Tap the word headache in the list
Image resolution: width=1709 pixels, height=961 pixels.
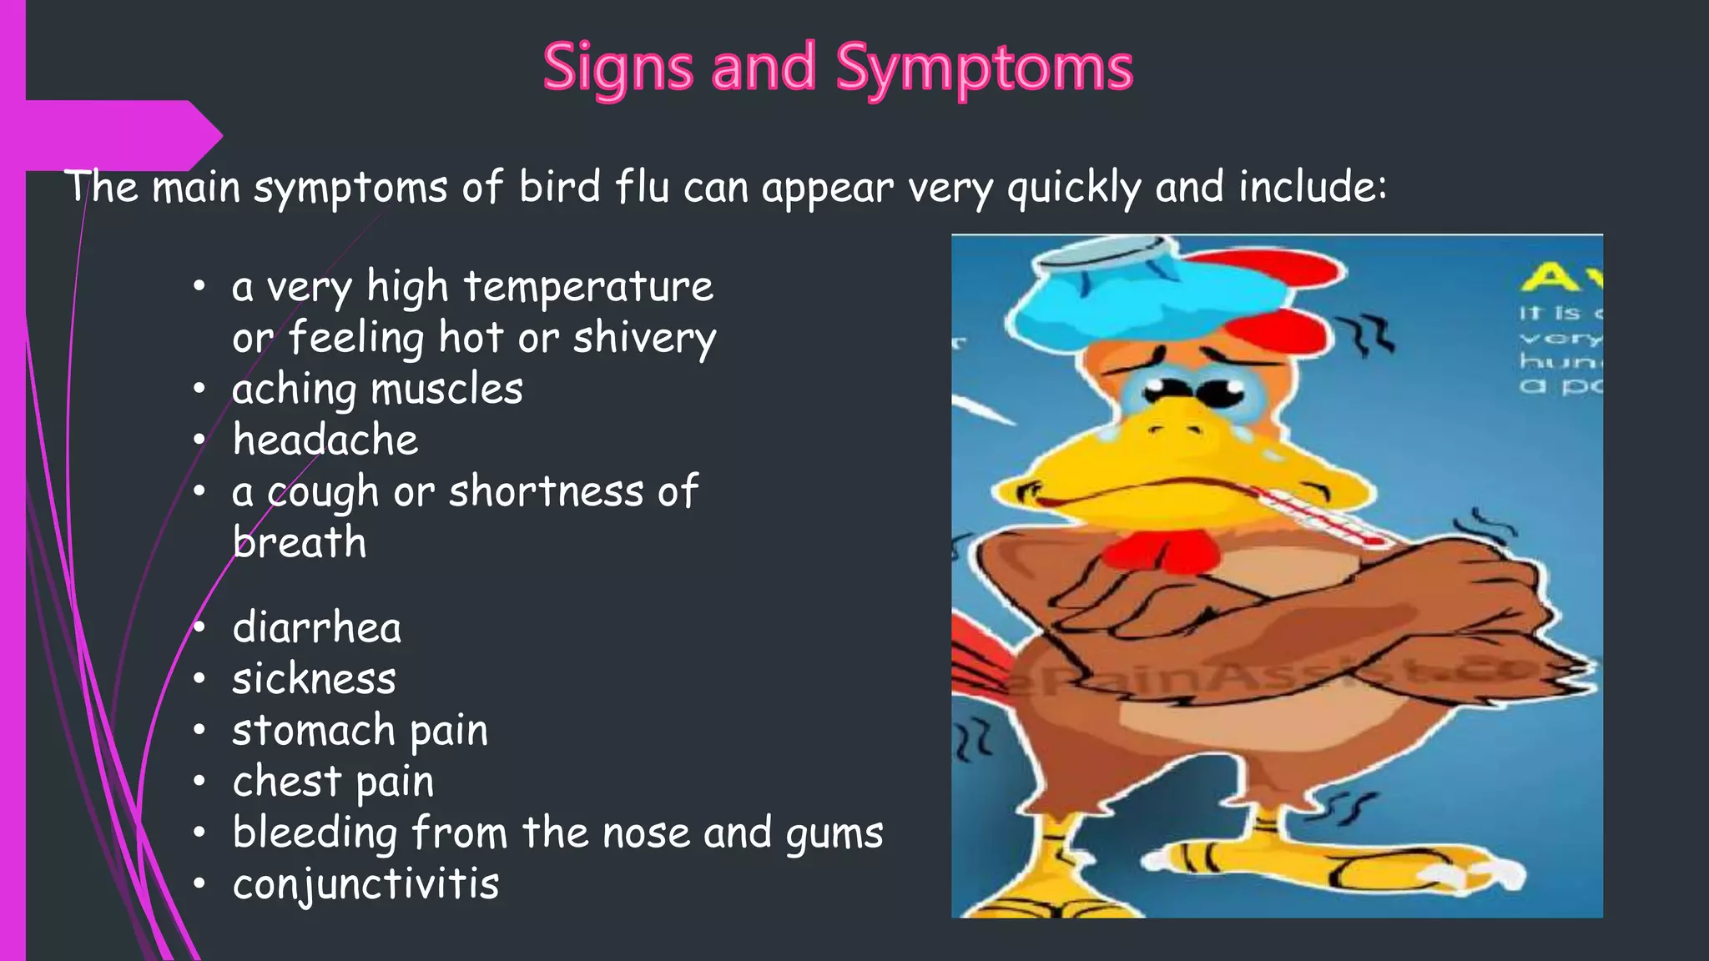pos(325,440)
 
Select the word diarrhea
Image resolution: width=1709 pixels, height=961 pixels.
pos(317,627)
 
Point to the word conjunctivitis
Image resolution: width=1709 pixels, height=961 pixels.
pos(365,884)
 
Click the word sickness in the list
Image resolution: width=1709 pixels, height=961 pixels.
pos(314,679)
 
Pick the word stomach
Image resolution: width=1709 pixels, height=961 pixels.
pos(313,731)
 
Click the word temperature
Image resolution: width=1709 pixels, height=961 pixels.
pos(588,287)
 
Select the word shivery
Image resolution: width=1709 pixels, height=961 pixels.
pos(644,339)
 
